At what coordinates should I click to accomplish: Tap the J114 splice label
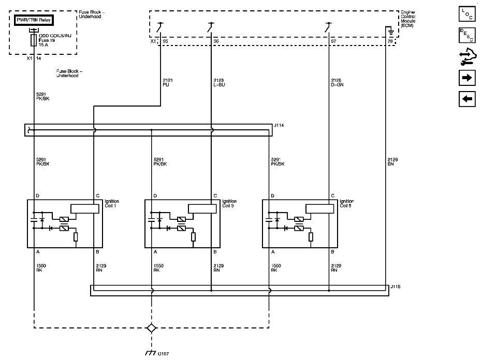[280, 125]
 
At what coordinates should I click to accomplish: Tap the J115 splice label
[396, 286]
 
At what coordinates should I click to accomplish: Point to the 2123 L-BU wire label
[219, 82]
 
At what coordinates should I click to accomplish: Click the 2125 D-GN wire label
[337, 82]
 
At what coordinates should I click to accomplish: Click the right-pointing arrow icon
[467, 78]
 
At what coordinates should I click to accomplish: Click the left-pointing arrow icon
[467, 98]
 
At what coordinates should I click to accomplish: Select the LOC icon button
[467, 14]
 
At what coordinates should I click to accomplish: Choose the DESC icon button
[467, 35]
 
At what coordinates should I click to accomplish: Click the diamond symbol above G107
[151, 328]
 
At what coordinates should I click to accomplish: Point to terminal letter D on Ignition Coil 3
[155, 196]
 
